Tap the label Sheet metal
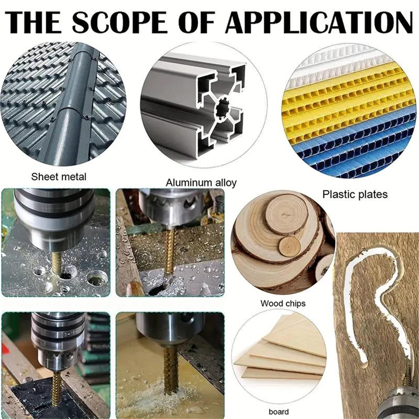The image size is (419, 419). coord(59,177)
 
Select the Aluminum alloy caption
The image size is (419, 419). coord(201,183)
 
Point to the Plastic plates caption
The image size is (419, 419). coord(355,194)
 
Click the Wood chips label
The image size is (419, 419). coord(283,304)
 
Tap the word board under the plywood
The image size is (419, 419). coord(279,412)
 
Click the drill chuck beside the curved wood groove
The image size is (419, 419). coord(398,405)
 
